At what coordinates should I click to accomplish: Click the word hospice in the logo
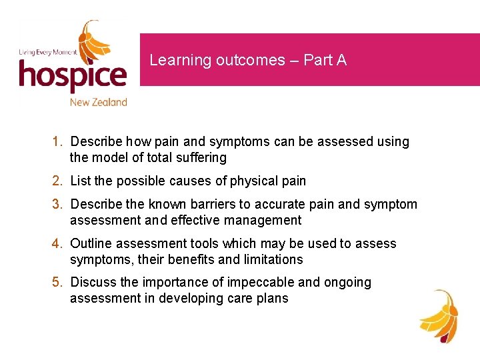point(72,75)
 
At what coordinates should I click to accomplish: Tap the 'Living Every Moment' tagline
point(47,52)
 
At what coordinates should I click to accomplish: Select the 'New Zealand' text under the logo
point(98,102)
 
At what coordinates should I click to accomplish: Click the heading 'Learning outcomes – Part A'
point(248,60)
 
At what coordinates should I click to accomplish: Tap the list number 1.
point(58,142)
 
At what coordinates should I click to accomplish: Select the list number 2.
point(58,181)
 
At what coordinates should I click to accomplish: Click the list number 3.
point(58,204)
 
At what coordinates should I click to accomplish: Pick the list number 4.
point(58,243)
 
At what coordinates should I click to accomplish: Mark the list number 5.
point(58,283)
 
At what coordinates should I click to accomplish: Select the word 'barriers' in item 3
point(215,204)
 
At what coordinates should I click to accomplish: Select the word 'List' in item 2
point(80,181)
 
